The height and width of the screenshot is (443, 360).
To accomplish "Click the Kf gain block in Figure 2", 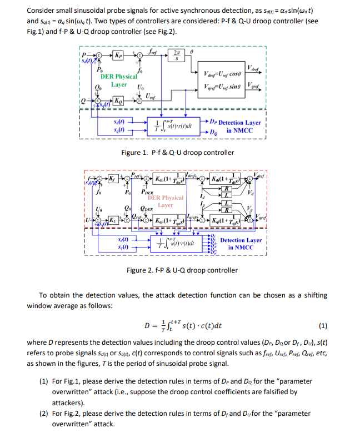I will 113,179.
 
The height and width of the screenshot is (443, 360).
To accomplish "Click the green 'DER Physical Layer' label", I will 118,80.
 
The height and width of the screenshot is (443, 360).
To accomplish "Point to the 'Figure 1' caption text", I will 177,152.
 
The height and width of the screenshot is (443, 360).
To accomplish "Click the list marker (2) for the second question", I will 43,414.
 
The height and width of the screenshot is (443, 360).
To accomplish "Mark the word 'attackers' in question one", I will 68,402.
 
